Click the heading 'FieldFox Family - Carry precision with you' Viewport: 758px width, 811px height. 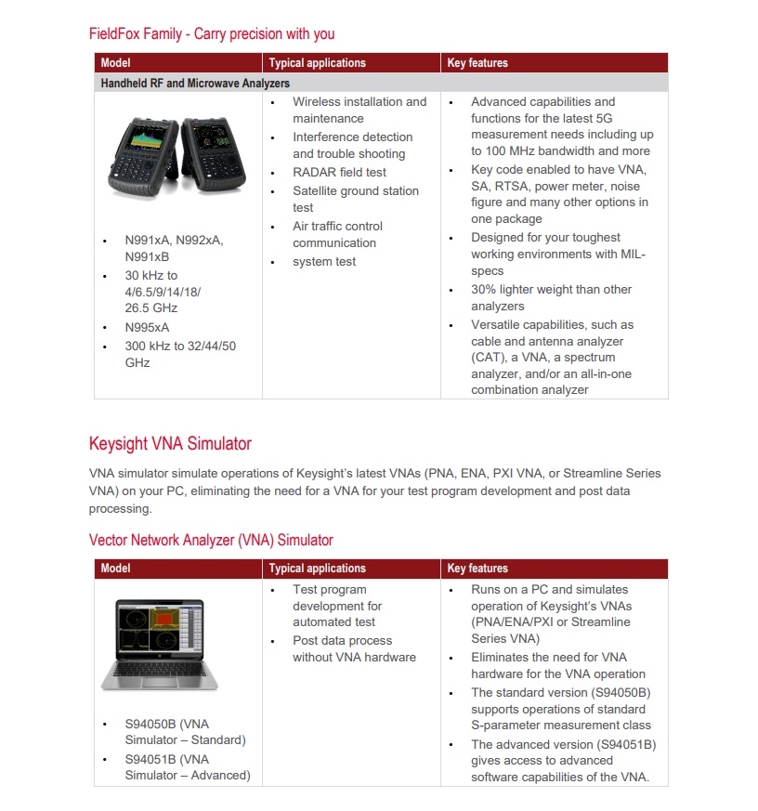pyautogui.click(x=212, y=34)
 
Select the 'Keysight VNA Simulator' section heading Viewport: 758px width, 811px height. pyautogui.click(x=170, y=443)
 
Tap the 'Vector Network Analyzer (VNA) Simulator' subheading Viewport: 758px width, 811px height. pyautogui.click(x=211, y=540)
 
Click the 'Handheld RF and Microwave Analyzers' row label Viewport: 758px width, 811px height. pyautogui.click(x=195, y=83)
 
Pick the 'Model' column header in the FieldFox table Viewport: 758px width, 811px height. pyautogui.click(x=116, y=63)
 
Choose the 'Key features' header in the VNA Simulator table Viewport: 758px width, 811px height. pyautogui.click(x=477, y=569)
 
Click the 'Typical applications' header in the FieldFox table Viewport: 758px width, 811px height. pyautogui.click(x=318, y=63)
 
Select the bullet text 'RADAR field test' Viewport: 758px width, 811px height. pyautogui.click(x=339, y=172)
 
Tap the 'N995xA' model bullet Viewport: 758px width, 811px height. pyautogui.click(x=147, y=327)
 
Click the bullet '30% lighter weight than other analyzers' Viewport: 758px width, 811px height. pyautogui.click(x=551, y=297)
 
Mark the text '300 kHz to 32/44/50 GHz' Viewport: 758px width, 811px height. pyautogui.click(x=180, y=354)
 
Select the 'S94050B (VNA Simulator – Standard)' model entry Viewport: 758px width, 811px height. pyautogui.click(x=185, y=732)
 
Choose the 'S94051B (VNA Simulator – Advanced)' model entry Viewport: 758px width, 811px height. pyautogui.click(x=187, y=767)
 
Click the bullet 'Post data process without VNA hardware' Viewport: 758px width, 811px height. pyautogui.click(x=354, y=648)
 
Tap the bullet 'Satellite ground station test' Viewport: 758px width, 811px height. pyautogui.click(x=355, y=199)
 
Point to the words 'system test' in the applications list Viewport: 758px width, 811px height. pyautogui.click(x=324, y=261)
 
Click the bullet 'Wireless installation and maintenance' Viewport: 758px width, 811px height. pyautogui.click(x=359, y=110)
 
